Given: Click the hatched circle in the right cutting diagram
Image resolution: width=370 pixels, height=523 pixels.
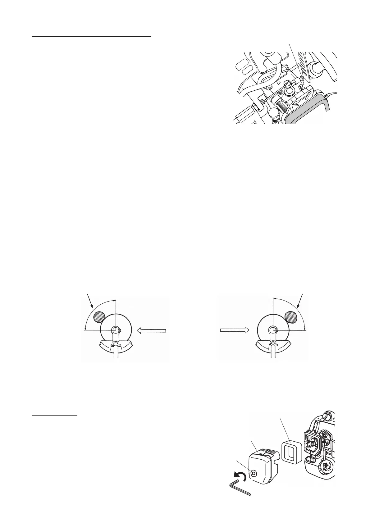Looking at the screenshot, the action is click(291, 316).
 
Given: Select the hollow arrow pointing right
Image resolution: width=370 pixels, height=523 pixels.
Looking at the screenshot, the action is click(234, 330).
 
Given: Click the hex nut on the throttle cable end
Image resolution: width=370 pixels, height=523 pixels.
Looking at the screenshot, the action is click(254, 107).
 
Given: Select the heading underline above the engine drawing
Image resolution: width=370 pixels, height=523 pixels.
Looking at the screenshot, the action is click(91, 36).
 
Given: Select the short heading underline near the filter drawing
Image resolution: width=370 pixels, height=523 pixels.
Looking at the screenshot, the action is click(55, 415).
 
